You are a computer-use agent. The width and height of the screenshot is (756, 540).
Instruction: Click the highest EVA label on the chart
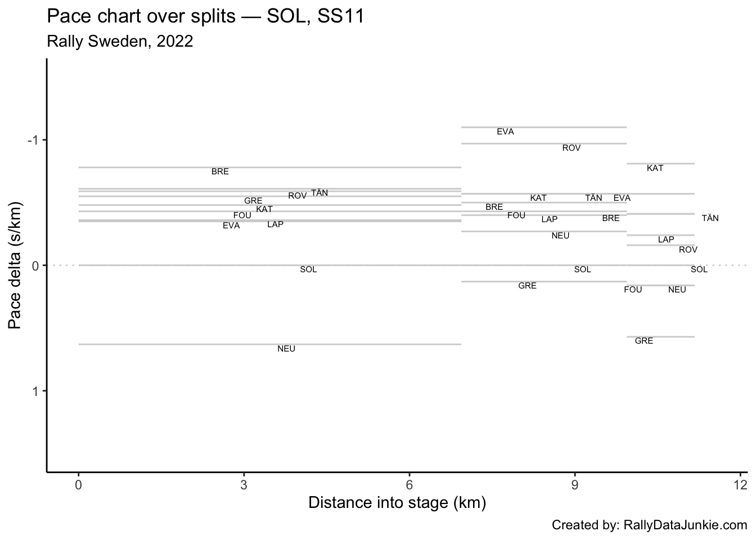[505, 132]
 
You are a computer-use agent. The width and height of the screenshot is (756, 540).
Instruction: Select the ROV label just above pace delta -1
[571, 148]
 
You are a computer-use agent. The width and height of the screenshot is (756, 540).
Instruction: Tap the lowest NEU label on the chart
[286, 349]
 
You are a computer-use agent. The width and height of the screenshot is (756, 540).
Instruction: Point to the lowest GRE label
[643, 341]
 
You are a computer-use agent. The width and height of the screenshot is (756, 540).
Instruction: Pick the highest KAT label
[655, 168]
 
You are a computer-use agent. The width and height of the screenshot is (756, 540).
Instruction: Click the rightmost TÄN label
[710, 218]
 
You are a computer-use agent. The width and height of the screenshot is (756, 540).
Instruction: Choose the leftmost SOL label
[308, 269]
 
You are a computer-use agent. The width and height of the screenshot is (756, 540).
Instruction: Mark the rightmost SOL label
[699, 269]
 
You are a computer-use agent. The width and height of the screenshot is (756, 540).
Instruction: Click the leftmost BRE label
[220, 172]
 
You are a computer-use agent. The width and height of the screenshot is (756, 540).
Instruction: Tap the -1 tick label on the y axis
[34, 140]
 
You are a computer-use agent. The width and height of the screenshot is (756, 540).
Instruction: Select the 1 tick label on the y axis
[36, 391]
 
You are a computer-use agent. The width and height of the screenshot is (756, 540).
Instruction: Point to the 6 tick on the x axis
[409, 484]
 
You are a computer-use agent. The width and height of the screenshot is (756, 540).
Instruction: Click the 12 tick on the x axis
[740, 484]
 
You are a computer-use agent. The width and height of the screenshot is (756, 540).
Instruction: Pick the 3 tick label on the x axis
[244, 484]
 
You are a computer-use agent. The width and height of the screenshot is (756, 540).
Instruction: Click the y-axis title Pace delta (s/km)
[15, 265]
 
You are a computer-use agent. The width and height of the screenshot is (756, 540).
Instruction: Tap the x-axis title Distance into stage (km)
[397, 502]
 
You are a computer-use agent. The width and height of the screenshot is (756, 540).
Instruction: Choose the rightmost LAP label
[665, 240]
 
